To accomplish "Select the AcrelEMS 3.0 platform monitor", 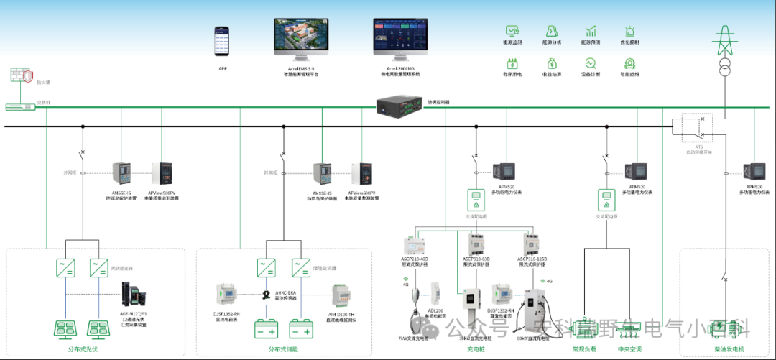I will click(x=301, y=38).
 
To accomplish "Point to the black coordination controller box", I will click(x=400, y=106).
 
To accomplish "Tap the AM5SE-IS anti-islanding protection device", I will click(x=121, y=175).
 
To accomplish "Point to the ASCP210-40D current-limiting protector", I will click(x=414, y=244).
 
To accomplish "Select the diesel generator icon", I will click(x=725, y=329).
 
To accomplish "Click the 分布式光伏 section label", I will click(x=76, y=349).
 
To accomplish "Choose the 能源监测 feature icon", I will click(x=512, y=32).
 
